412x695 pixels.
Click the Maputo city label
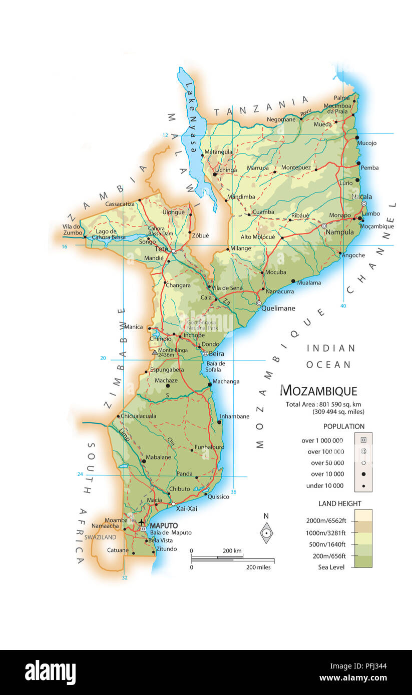163,525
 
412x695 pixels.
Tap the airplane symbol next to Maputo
142,522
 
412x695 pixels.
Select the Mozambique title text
318,390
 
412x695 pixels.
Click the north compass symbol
266,533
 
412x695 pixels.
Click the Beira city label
216,353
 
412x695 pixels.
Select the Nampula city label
339,232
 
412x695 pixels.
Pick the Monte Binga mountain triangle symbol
155,352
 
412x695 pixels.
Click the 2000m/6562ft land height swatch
363,515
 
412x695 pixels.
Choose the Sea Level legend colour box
363,561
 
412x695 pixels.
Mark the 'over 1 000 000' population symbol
363,440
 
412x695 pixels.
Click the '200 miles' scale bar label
258,567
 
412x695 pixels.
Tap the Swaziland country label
100,537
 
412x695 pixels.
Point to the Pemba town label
369,167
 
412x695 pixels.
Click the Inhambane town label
235,416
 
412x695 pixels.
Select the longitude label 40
343,305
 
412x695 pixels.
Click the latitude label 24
80,474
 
